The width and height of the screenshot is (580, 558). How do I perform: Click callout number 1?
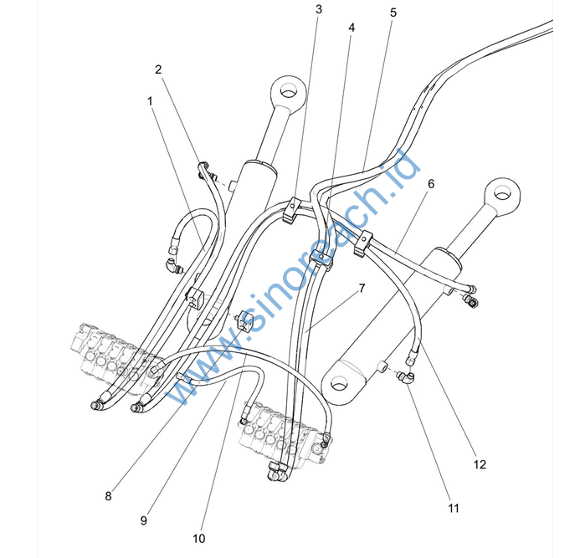click(x=150, y=100)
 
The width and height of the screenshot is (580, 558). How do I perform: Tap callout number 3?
click(x=319, y=10)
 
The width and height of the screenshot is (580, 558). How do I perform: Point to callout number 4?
click(x=352, y=28)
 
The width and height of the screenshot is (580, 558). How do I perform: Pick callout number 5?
click(x=393, y=13)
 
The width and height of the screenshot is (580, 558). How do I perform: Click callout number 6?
click(x=431, y=183)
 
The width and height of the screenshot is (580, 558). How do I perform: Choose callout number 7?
click(x=362, y=288)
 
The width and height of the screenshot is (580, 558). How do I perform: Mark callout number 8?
click(x=108, y=495)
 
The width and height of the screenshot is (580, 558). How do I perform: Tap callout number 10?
click(x=199, y=538)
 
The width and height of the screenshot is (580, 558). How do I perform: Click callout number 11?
click(x=453, y=508)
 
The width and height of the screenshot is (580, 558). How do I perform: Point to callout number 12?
click(x=480, y=464)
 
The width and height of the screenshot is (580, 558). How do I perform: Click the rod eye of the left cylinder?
click(x=286, y=91)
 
